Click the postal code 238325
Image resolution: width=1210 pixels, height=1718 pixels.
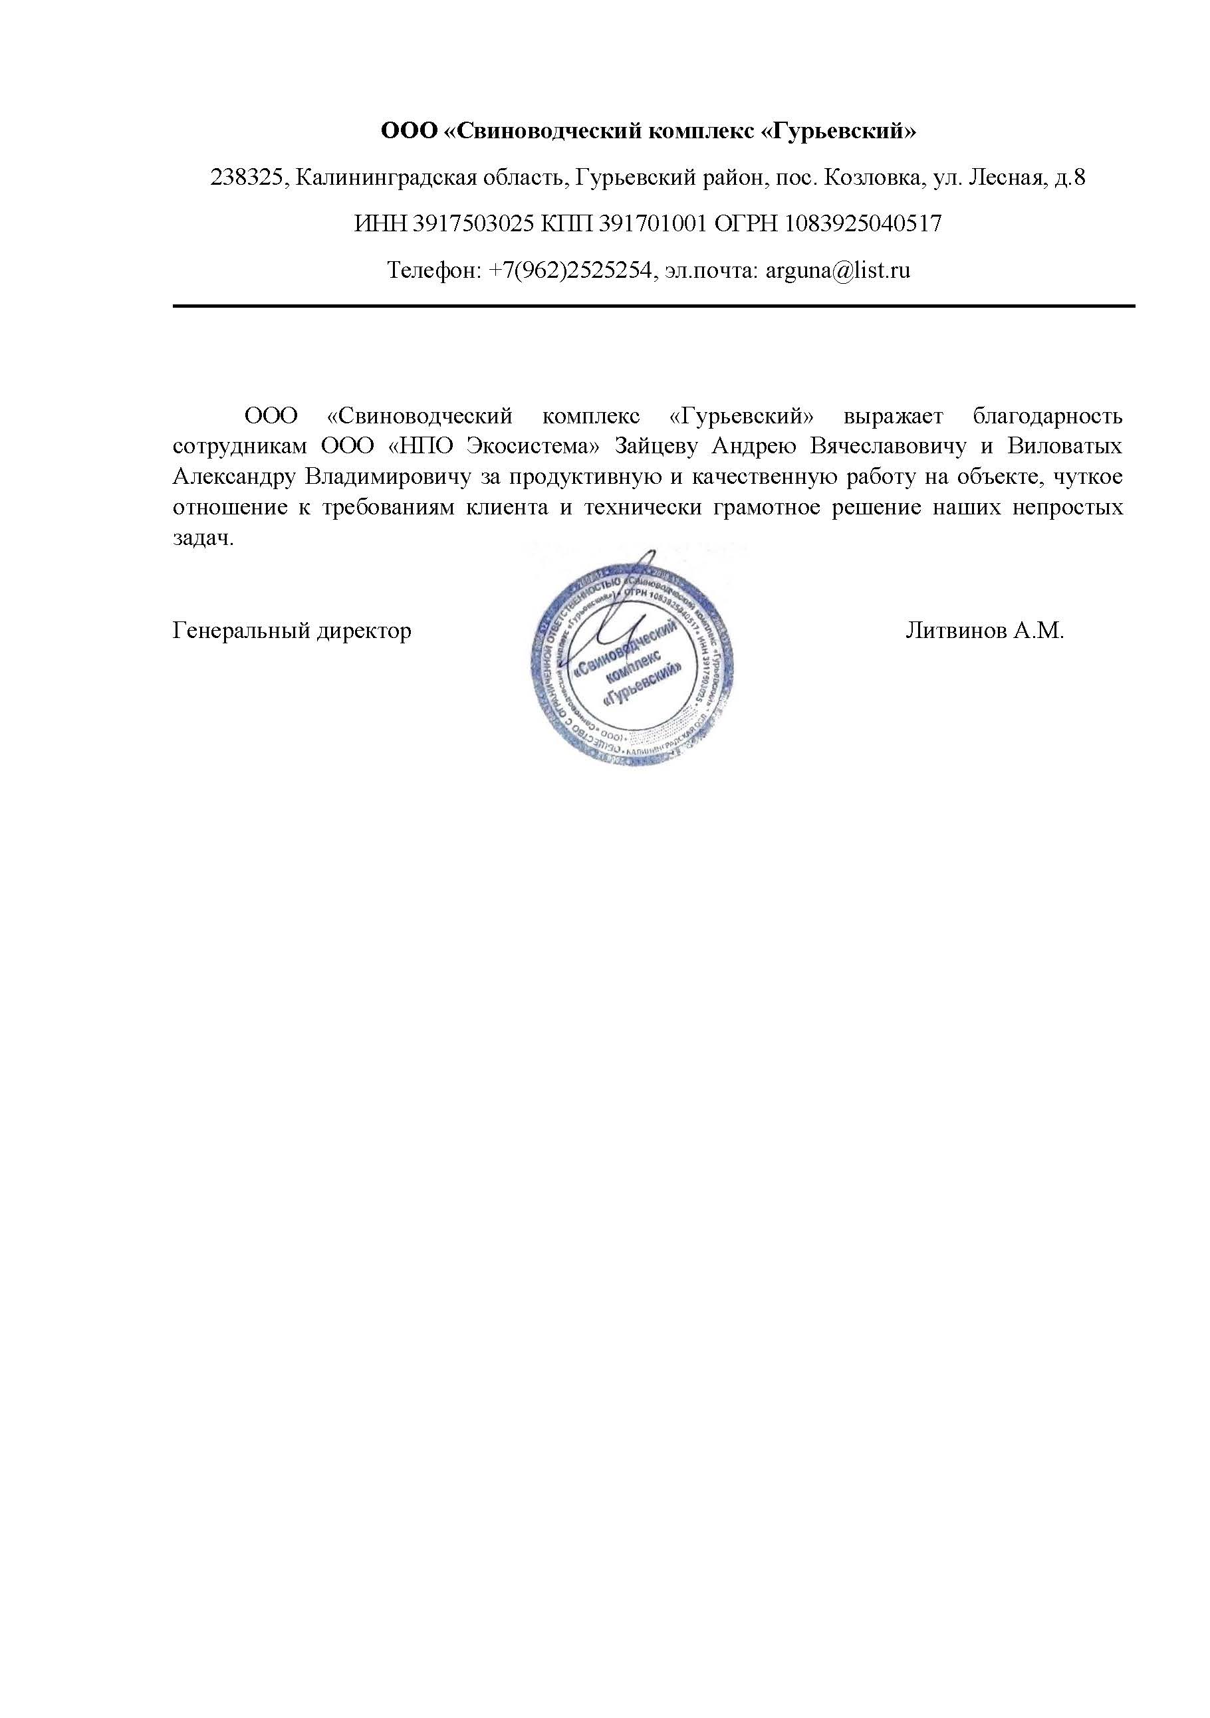[246, 178]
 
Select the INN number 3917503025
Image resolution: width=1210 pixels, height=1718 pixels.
[472, 224]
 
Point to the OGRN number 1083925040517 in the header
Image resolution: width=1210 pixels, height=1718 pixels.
[863, 224]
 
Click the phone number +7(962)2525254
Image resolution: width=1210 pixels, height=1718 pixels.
[570, 270]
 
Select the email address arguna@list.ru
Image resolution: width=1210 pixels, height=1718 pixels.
[838, 270]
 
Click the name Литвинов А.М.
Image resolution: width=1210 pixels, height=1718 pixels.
[984, 631]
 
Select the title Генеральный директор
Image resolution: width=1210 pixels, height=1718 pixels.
[292, 631]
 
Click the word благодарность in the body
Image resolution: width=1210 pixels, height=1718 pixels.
[1048, 415]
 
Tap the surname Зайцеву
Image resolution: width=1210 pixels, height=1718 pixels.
[656, 446]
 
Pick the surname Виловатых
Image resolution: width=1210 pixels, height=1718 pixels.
[1065, 446]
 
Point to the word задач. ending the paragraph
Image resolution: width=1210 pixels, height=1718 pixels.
[203, 538]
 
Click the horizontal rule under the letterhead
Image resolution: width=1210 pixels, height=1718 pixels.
[654, 306]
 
